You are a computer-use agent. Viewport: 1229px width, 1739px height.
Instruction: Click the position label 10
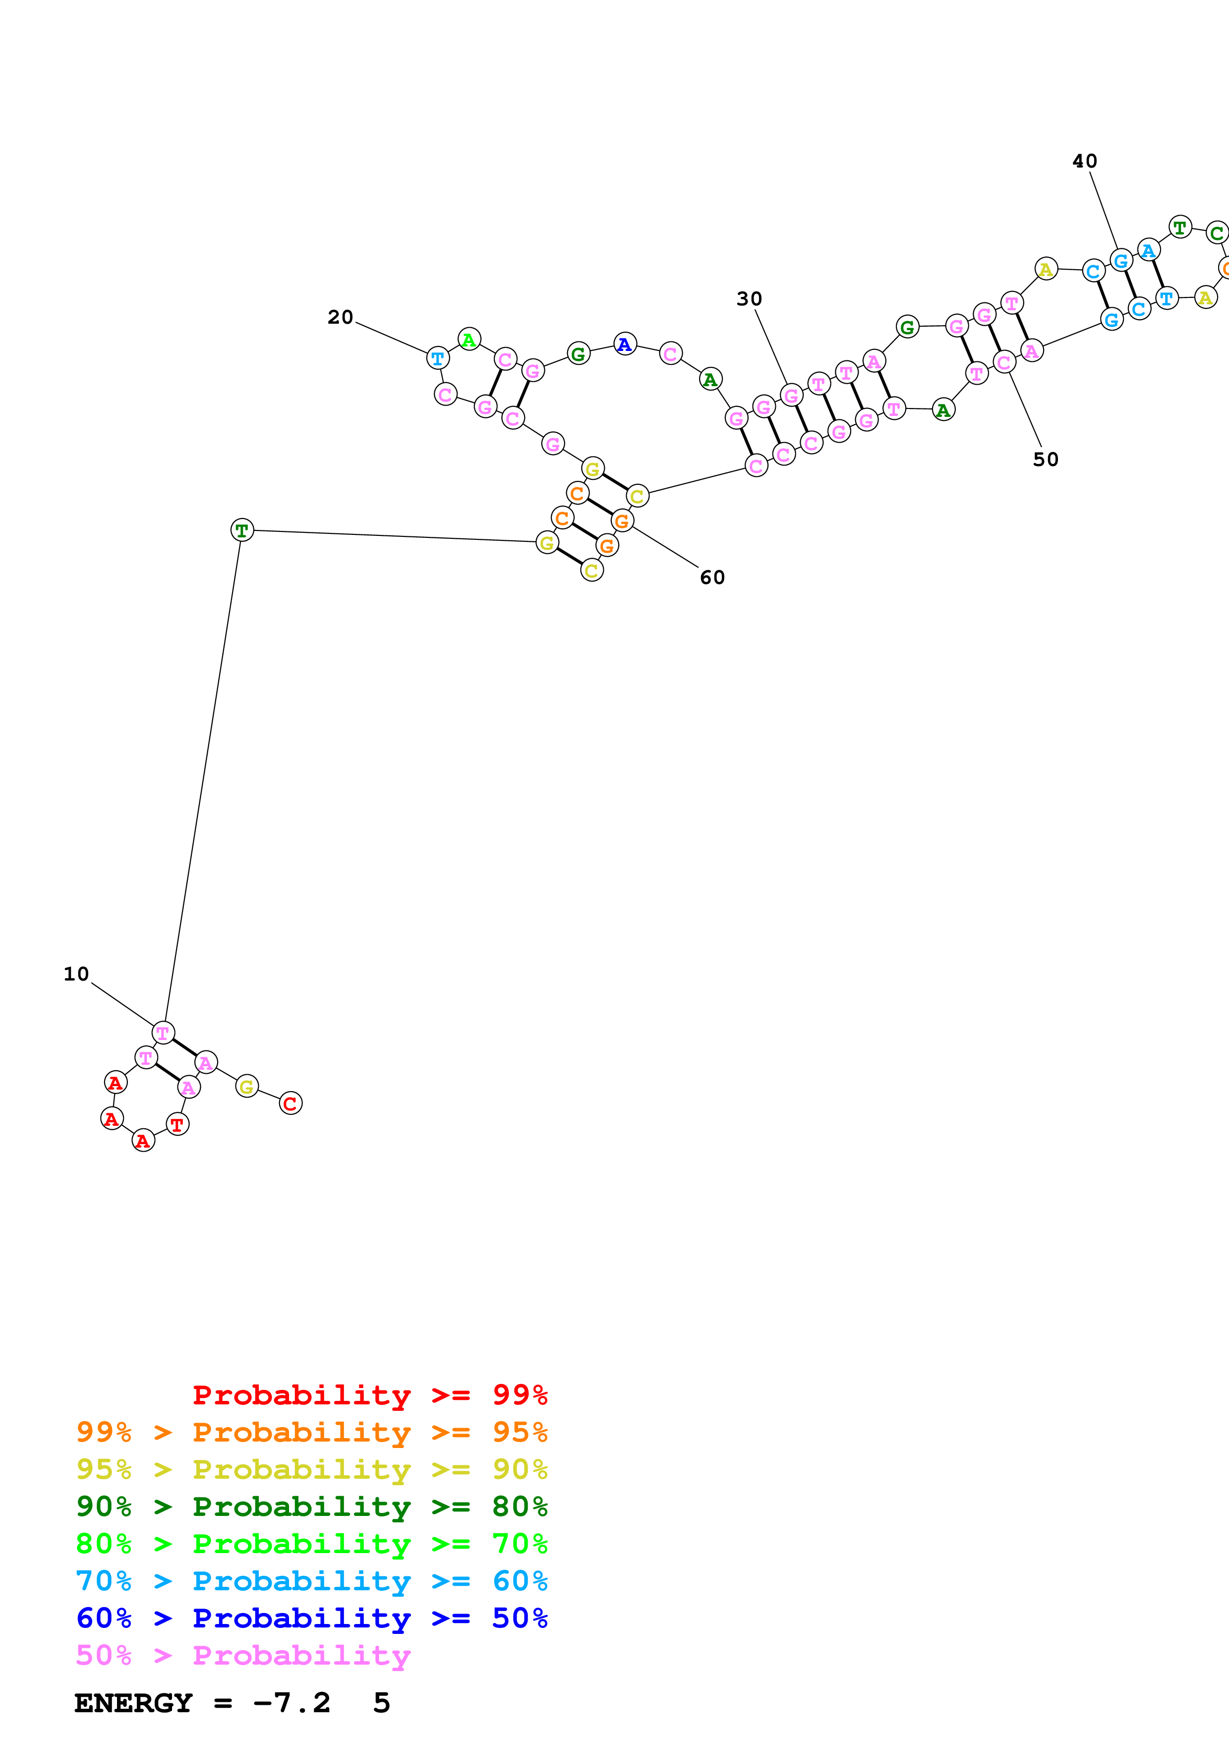pos(76,974)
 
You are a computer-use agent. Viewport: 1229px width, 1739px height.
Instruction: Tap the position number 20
pos(340,317)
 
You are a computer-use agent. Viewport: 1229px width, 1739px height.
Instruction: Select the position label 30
pos(749,299)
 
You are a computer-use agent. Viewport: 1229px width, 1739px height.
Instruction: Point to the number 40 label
pos(1084,161)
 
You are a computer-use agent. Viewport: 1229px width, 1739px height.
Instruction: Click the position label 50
pos(1045,460)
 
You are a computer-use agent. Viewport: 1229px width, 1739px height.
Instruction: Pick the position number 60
pos(712,578)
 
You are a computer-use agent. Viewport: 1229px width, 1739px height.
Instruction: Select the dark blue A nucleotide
pos(625,345)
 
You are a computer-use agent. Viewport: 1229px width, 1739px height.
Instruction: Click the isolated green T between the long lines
pos(241,530)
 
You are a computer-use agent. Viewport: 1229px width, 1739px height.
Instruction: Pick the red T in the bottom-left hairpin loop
pos(177,1125)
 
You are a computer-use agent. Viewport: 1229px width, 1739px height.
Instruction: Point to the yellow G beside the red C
pos(247,1087)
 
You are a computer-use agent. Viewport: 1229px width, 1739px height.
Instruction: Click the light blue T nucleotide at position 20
pos(438,358)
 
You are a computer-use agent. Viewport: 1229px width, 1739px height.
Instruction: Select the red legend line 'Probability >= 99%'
pos(369,1395)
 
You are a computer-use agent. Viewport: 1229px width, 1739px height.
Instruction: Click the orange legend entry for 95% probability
pos(311,1432)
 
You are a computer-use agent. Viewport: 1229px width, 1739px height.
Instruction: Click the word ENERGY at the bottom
pos(133,1703)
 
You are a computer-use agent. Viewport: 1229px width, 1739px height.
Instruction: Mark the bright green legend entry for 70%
pos(311,1544)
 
